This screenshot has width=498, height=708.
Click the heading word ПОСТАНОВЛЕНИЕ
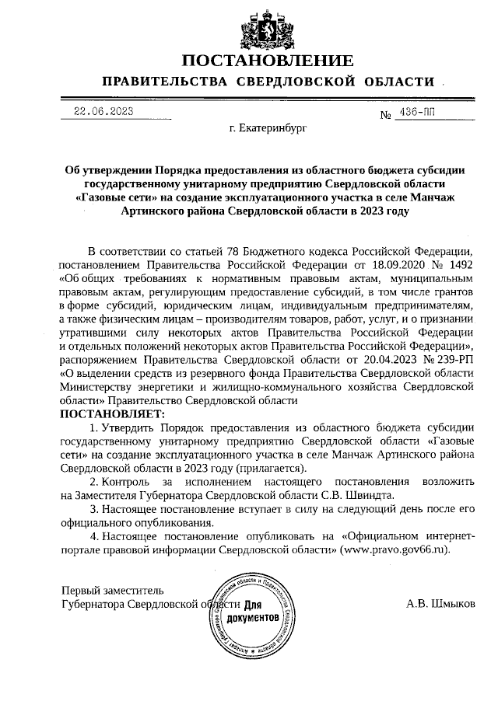268,61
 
